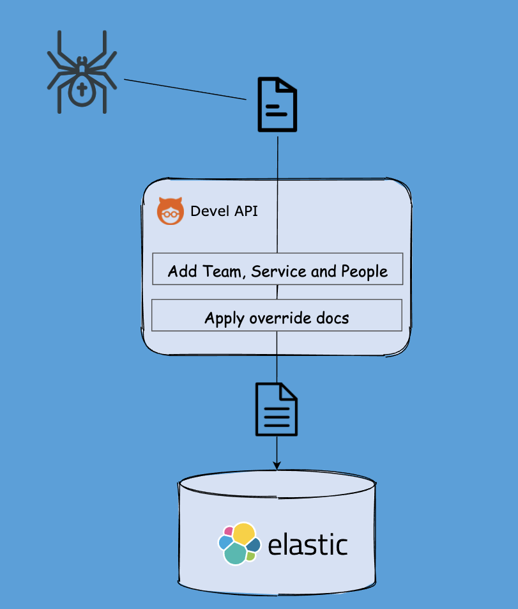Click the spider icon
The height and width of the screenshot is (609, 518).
tap(82, 72)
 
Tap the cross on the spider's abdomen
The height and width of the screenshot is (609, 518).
tap(82, 88)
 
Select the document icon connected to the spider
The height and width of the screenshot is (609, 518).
tap(277, 105)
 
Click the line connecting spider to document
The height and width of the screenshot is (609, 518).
tap(185, 89)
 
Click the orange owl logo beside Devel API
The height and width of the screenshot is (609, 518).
tap(171, 212)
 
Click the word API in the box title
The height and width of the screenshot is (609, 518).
tap(246, 211)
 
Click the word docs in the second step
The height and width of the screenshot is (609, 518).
tap(333, 318)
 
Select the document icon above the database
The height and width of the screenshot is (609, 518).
tap(277, 410)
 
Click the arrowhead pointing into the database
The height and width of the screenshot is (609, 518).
tap(277, 465)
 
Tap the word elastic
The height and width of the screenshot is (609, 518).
tap(308, 545)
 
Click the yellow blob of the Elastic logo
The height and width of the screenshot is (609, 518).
tap(244, 533)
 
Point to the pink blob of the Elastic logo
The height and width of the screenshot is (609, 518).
tap(228, 530)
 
